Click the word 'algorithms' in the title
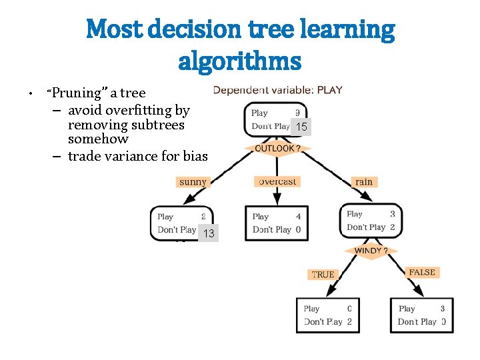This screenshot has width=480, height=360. (x=240, y=61)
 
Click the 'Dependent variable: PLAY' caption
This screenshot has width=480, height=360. (x=277, y=90)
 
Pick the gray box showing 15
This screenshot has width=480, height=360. (x=302, y=127)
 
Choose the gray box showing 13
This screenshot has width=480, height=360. (x=209, y=233)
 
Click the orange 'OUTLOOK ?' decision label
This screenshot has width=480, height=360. (x=278, y=148)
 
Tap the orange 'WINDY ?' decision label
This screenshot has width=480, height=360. (x=372, y=251)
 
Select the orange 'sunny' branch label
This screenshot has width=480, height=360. (x=193, y=181)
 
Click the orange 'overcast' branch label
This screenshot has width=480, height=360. (x=278, y=181)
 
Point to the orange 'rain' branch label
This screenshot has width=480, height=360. (x=363, y=181)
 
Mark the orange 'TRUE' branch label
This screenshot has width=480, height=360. (x=323, y=274)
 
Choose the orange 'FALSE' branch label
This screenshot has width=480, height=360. (x=421, y=272)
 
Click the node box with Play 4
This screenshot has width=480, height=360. (x=277, y=223)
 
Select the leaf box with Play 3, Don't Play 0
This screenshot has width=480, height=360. (x=421, y=315)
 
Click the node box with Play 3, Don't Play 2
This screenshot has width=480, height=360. (x=371, y=221)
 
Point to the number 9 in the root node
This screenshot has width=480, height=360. (x=297, y=113)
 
